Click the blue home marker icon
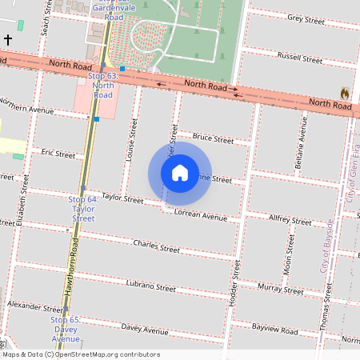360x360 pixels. pyautogui.click(x=180, y=173)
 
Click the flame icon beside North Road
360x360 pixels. pyautogui.click(x=345, y=93)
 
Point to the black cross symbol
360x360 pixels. pyautogui.click(x=8, y=38)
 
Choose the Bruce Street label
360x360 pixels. pyautogui.click(x=213, y=139)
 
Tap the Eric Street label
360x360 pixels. pyautogui.click(x=58, y=153)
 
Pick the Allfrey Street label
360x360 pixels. pyautogui.click(x=290, y=217)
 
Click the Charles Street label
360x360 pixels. pyautogui.click(x=157, y=247)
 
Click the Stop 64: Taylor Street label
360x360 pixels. pyautogui.click(x=83, y=208)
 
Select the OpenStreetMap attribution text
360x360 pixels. pyautogui.click(x=81, y=354)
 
